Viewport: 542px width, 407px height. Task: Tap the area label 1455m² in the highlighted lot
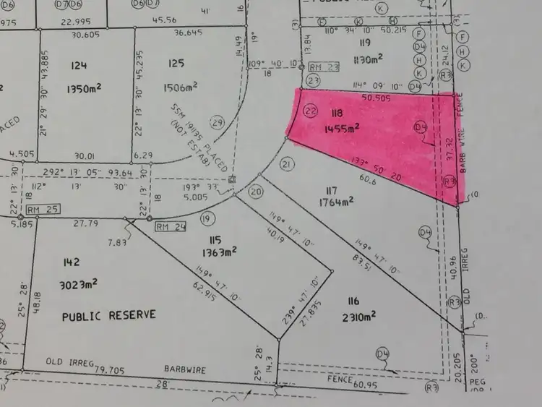click(340, 128)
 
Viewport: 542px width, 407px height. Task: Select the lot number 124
click(79, 66)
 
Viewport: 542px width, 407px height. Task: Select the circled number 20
click(256, 192)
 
